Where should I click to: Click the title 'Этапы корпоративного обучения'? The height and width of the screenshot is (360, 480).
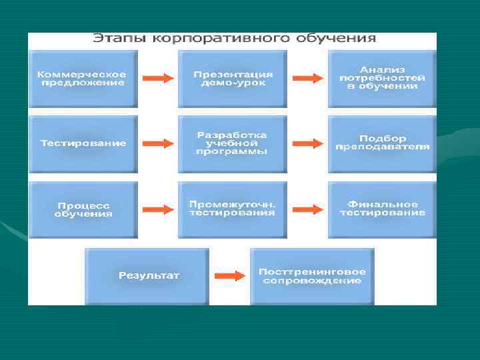coord(233,39)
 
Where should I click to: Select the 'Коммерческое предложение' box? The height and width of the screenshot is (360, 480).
coord(82,78)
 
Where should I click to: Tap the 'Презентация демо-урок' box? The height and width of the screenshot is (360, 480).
coord(232,78)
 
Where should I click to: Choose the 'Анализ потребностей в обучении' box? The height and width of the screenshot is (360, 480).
coord(382,78)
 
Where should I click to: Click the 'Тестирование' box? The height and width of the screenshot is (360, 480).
coord(82,143)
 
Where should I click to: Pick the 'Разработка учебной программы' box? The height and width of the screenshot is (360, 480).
coord(232,143)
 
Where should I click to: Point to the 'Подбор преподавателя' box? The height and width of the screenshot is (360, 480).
coord(382,143)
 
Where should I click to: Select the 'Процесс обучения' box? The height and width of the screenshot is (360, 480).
coord(82,209)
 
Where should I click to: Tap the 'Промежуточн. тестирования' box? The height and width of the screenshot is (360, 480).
coord(232,209)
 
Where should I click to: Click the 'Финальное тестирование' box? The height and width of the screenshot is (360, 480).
coord(382,209)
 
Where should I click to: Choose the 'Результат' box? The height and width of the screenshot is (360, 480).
coord(147,275)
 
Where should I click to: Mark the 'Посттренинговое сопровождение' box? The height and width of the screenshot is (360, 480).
coord(312,275)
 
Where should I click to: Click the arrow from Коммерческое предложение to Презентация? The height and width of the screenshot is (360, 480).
coord(158,78)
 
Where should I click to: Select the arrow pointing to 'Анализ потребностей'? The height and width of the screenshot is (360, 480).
coord(308,78)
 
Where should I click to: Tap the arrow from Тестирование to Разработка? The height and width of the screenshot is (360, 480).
coord(158,143)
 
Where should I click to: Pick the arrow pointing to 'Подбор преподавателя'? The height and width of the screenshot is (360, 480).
coord(308,143)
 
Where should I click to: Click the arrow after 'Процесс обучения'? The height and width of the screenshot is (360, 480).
coord(158,209)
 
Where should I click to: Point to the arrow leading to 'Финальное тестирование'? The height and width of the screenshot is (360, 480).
coord(308,209)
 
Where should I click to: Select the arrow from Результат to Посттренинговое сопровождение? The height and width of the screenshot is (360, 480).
coord(230,275)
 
